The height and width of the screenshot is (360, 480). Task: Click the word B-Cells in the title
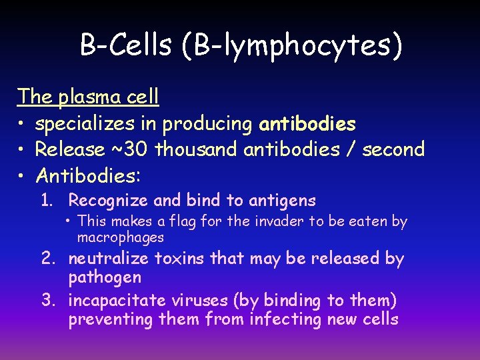click(125, 45)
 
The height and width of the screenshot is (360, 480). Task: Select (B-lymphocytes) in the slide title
click(291, 47)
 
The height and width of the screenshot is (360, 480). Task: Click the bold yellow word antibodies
click(307, 124)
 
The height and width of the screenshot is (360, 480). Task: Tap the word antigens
click(283, 201)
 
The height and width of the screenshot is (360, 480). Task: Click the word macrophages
click(120, 237)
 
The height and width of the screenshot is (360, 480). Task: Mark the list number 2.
click(48, 259)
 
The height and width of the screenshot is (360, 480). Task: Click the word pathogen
click(105, 277)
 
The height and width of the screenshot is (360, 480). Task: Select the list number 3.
click(48, 300)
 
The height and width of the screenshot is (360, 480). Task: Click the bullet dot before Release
click(22, 150)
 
